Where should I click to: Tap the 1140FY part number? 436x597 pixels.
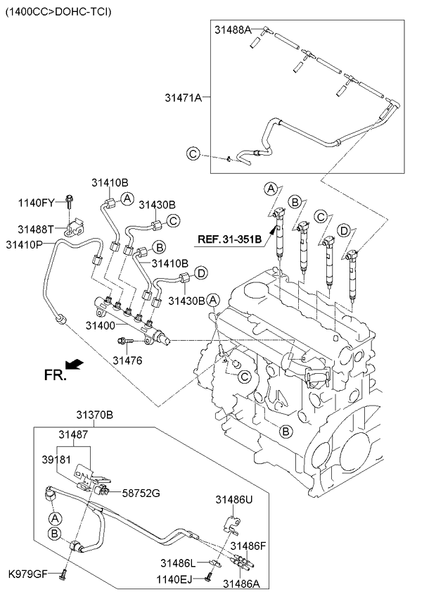tap(36, 203)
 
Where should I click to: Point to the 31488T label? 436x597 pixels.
tap(36, 230)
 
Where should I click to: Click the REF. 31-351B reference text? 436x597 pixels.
tap(229, 239)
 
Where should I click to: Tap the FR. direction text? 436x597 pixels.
tap(55, 375)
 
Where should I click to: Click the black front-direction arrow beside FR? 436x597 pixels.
tap(73, 364)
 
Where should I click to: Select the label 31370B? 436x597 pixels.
tap(95, 415)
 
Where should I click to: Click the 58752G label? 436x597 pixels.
tap(141, 493)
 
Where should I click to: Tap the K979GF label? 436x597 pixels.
tap(27, 574)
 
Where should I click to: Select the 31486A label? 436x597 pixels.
tap(241, 583)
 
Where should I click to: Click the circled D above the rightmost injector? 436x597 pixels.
tap(343, 231)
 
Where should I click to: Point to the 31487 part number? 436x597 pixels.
tap(73, 435)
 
